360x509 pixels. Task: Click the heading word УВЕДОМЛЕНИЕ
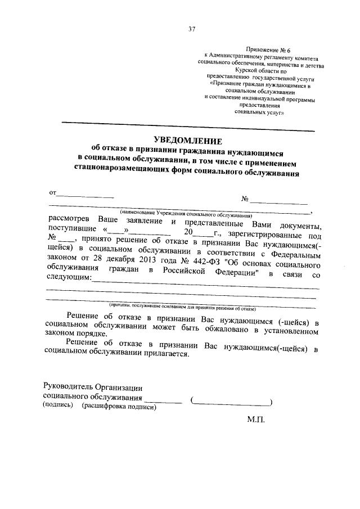(188, 141)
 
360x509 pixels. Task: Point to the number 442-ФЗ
(208, 263)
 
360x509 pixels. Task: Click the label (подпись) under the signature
(58, 406)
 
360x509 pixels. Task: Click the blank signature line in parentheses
(232, 402)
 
